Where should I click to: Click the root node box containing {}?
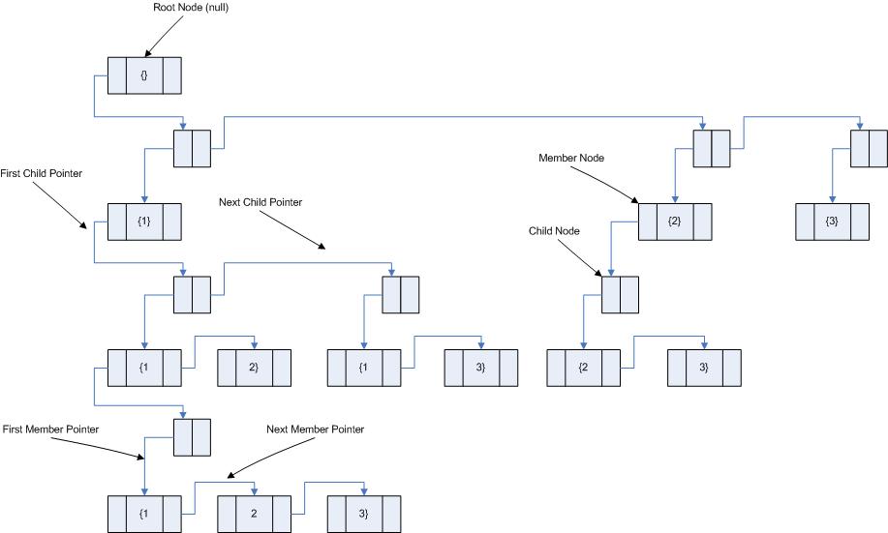(144, 75)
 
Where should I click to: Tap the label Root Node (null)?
(190, 8)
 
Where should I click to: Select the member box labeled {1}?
(144, 222)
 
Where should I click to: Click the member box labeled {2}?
(674, 222)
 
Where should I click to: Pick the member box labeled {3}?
(832, 222)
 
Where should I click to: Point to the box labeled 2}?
(254, 368)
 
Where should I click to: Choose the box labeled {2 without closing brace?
(583, 368)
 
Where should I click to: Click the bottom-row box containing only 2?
(254, 513)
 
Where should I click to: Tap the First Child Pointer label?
(42, 173)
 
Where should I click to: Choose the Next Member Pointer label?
(316, 429)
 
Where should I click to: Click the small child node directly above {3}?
(869, 148)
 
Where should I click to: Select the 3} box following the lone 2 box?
(364, 513)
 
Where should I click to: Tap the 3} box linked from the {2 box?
(704, 368)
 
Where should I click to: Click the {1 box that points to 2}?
(144, 368)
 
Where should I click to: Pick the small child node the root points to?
(192, 148)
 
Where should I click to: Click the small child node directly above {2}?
(711, 148)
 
